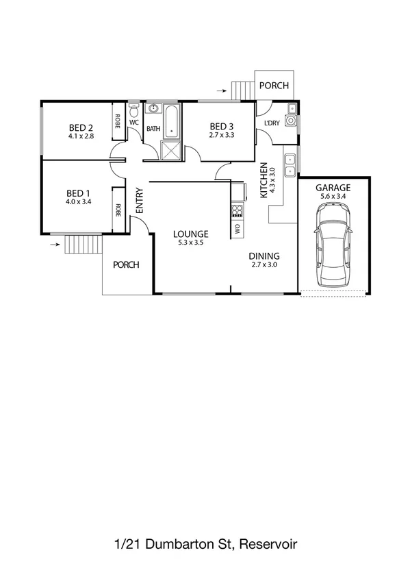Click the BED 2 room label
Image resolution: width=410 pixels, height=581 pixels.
click(81, 127)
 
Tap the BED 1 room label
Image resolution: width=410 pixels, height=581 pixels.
click(78, 193)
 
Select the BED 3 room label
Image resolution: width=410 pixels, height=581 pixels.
click(222, 126)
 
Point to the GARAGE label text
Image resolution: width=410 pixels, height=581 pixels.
click(333, 187)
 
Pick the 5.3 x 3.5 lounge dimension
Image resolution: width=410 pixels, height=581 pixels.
click(190, 242)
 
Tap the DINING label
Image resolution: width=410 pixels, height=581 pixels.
click(264, 256)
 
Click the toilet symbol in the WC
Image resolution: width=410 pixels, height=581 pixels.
click(134, 110)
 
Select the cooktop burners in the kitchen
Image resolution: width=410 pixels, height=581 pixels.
click(238, 210)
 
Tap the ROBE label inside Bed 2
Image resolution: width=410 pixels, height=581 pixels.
click(118, 122)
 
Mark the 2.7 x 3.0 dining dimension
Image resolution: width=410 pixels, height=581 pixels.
click(264, 264)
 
